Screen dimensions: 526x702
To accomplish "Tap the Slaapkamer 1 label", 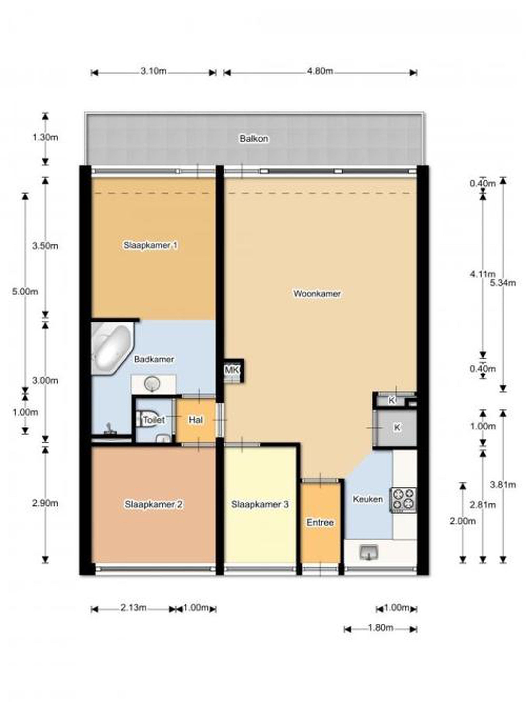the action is [x=150, y=245].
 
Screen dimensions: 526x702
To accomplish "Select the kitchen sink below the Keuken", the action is [x=369, y=552].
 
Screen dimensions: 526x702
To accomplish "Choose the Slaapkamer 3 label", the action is [x=260, y=504].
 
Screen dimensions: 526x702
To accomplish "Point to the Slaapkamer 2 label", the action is [x=153, y=504].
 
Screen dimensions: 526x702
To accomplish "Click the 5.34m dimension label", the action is [x=503, y=283].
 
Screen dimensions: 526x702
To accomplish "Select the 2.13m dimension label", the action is [x=133, y=607].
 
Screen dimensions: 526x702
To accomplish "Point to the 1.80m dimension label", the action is [x=380, y=627].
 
